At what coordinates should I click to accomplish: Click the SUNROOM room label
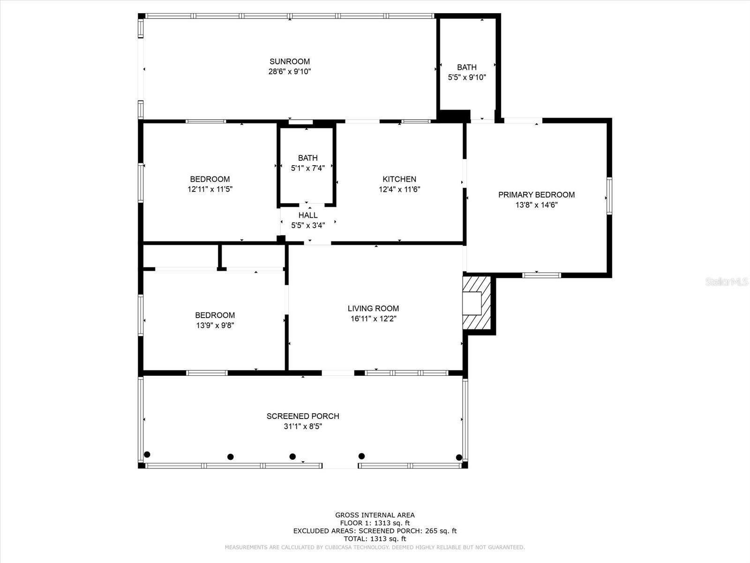pos(289,61)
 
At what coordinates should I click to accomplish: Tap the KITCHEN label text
pos(399,179)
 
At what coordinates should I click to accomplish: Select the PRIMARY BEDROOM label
pos(536,195)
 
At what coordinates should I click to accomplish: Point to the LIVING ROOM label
pos(373,308)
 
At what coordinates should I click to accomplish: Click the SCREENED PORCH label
pos(303,416)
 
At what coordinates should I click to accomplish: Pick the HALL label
pos(308,215)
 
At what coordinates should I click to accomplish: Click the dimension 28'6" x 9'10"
pos(289,71)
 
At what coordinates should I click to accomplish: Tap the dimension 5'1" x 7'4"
pos(307,168)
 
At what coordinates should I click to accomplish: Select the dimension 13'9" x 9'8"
pos(215,326)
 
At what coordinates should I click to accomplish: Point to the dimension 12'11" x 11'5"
pos(210,189)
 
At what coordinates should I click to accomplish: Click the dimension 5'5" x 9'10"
pos(467,77)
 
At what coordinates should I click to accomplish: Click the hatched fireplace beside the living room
pos(477,303)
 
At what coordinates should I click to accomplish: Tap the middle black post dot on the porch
pos(292,456)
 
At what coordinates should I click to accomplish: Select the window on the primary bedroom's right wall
pos(609,196)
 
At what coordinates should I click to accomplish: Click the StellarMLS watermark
pos(727,282)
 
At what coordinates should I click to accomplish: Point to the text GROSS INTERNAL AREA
pos(375,515)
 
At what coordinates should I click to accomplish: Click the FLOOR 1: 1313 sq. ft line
pos(375,523)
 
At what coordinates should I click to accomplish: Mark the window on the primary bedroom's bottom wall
pos(541,275)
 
